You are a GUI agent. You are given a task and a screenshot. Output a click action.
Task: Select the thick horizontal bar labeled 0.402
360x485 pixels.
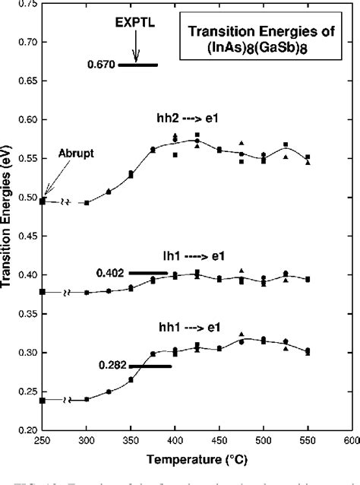click(148, 272)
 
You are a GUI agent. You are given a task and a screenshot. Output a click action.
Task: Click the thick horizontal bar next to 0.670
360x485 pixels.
click(137, 65)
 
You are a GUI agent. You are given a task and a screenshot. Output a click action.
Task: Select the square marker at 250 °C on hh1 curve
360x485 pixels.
click(43, 400)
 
